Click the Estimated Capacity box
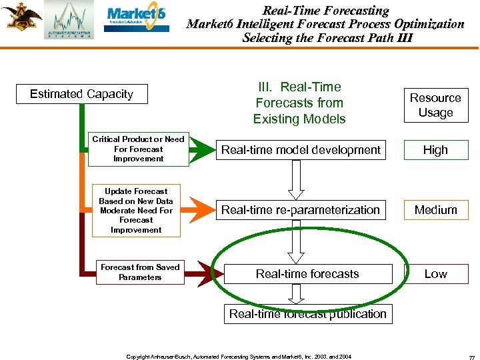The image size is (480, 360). [81, 94]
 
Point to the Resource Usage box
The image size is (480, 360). [435, 105]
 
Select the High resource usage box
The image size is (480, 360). [435, 150]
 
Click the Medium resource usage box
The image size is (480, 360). [435, 210]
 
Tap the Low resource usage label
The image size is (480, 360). [435, 274]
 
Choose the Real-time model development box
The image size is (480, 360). [301, 150]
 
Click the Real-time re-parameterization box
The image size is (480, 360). [301, 210]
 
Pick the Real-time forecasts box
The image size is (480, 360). [307, 274]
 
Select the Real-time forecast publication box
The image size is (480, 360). [307, 314]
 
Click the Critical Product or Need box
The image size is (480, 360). [138, 149]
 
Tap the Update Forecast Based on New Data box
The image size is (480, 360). [136, 211]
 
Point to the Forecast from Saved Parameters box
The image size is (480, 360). [140, 273]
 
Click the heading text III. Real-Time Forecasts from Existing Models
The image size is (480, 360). [299, 103]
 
